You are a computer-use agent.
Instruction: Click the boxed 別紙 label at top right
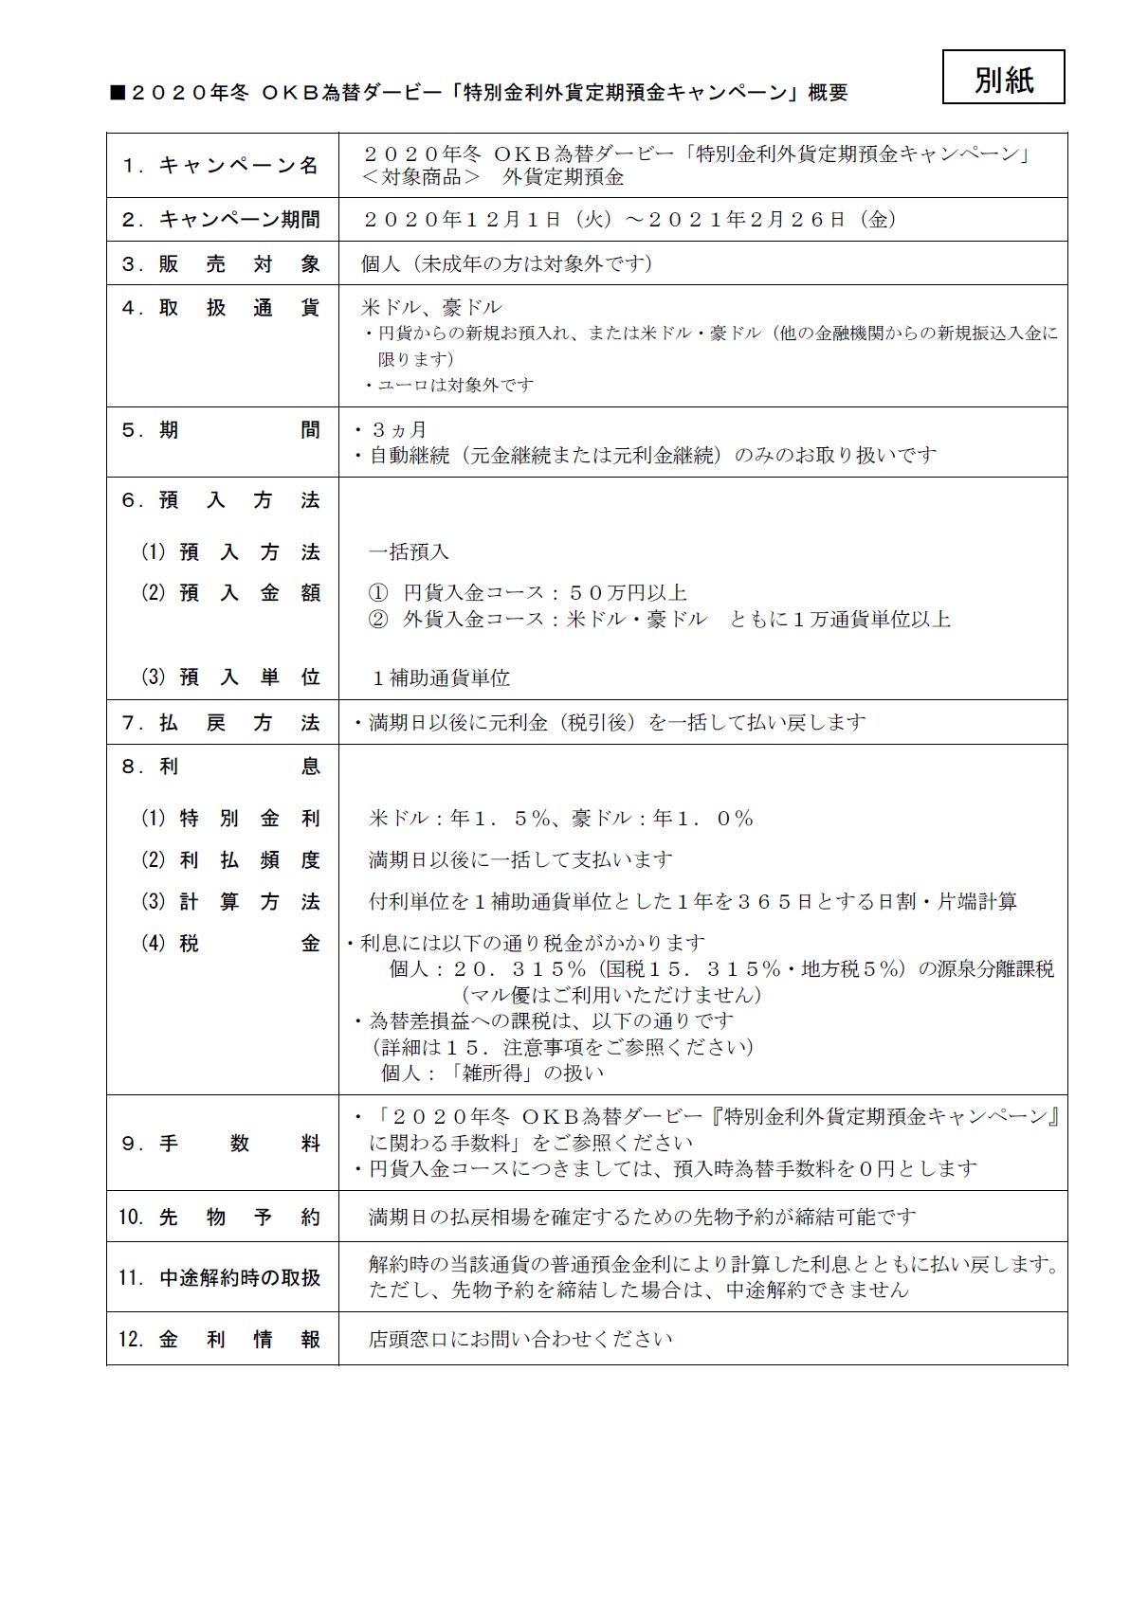coord(1003,78)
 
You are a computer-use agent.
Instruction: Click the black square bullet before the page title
coord(118,93)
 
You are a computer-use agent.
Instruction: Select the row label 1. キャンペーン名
coord(221,165)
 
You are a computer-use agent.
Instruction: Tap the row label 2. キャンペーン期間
coord(221,220)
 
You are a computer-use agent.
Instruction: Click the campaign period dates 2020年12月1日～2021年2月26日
coord(631,220)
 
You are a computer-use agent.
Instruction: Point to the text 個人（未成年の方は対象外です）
coord(507,263)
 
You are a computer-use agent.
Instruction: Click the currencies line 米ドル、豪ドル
coord(431,307)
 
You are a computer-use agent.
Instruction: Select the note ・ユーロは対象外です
coord(449,385)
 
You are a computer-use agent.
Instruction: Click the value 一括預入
coord(409,551)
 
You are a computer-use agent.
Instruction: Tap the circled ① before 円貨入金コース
coord(378,593)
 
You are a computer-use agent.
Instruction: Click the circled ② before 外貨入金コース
coord(378,620)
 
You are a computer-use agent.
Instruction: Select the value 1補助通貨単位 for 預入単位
coord(441,678)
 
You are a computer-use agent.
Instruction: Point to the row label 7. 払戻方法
coord(221,723)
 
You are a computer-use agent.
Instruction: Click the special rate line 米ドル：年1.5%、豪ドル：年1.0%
coord(561,819)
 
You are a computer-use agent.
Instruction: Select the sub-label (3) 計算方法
coord(230,902)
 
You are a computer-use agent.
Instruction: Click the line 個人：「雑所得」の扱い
coord(492,1074)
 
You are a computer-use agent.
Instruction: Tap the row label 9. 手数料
coord(221,1144)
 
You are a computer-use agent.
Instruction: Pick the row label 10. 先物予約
coord(221,1218)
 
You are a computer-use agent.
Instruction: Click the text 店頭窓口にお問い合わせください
coord(520,1340)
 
